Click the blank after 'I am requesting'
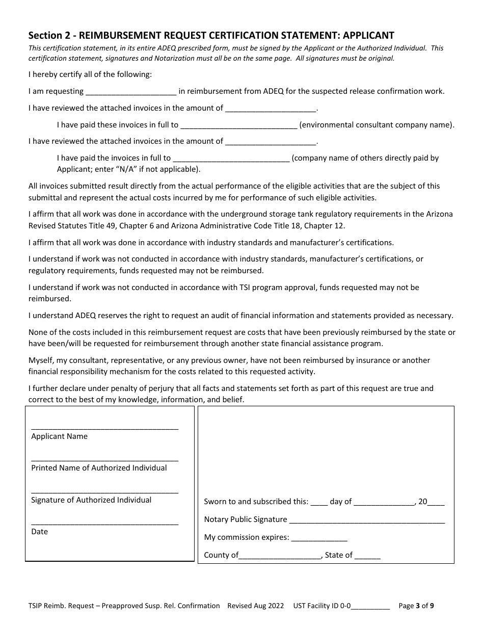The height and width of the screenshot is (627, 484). coord(131,92)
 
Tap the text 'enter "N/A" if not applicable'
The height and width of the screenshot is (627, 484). coord(128,169)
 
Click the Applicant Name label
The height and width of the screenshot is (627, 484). coord(59,436)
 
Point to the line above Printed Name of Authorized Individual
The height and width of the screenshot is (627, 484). coord(104,460)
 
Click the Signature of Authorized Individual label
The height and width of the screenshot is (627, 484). coord(91,500)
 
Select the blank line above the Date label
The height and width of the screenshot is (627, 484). coord(104,524)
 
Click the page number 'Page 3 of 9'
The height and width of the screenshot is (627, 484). coord(416,606)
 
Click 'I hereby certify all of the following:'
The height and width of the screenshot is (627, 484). coord(90,74)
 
